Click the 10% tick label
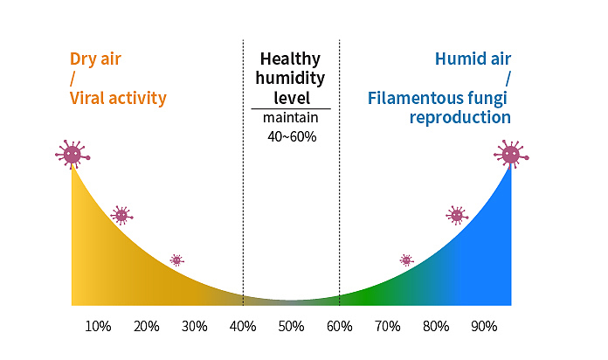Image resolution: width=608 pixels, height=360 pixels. pyautogui.click(x=98, y=327)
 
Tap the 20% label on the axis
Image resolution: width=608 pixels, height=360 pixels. pyautogui.click(x=147, y=327)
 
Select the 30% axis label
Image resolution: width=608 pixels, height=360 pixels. pyautogui.click(x=195, y=327)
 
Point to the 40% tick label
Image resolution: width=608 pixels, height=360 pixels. pyautogui.click(x=243, y=327)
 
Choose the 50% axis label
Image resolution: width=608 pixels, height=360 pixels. pyautogui.click(x=291, y=327)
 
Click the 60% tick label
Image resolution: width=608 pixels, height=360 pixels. pyautogui.click(x=340, y=327)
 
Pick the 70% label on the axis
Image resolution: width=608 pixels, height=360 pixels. pyautogui.click(x=387, y=327)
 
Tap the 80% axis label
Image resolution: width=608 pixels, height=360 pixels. pyautogui.click(x=436, y=327)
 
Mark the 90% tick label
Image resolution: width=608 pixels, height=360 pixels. pyautogui.click(x=484, y=327)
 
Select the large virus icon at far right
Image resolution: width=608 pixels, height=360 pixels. pyautogui.click(x=511, y=155)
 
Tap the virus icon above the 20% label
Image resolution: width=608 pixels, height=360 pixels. pyautogui.click(x=121, y=215)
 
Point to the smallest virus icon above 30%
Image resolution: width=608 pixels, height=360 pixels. pyautogui.click(x=176, y=260)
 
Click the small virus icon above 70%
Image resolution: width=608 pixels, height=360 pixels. pyautogui.click(x=406, y=260)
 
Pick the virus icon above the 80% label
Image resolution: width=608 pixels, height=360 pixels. pyautogui.click(x=456, y=215)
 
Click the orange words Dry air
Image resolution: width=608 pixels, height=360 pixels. pyautogui.click(x=95, y=60)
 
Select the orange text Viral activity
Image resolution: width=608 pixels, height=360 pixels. pyautogui.click(x=117, y=98)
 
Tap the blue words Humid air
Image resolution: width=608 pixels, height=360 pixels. pyautogui.click(x=473, y=60)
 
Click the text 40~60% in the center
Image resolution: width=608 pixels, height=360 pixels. pyautogui.click(x=291, y=136)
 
